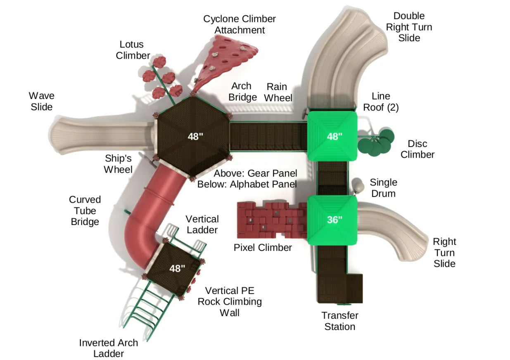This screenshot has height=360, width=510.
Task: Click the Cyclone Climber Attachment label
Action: pos(240,24)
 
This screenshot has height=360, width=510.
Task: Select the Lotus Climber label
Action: pos(133,50)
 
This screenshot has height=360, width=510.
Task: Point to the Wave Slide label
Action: pos(41,101)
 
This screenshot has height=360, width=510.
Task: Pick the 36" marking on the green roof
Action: pos(334,220)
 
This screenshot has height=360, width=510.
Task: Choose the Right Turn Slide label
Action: pos(444,252)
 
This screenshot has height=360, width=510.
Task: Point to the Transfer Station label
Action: pos(340,321)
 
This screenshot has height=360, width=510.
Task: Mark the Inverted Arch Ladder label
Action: pos(109,348)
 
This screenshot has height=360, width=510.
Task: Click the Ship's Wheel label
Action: pos(118,163)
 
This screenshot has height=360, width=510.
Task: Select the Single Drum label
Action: pos(383,188)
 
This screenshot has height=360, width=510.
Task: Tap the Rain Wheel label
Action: pos(278,92)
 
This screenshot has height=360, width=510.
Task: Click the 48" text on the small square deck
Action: pos(177,268)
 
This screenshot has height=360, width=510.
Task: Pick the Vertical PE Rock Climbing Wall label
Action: pos(230,301)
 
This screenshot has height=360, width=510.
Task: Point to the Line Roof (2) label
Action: pos(384,102)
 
